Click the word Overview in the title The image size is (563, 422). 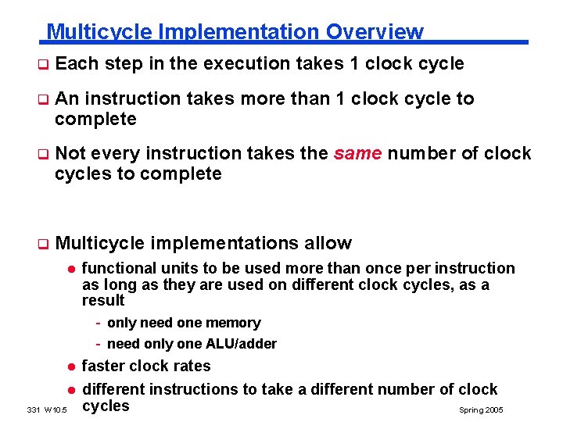click(375, 32)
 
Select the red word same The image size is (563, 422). click(357, 153)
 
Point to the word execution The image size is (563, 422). click(252, 63)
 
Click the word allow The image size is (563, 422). click(329, 243)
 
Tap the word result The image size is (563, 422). click(103, 301)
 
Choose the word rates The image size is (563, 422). click(192, 366)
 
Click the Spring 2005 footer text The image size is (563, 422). click(481, 410)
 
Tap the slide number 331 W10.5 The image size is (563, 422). click(47, 410)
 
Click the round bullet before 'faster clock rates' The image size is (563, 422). click(70, 367)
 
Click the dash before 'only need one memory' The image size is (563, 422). click(99, 323)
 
